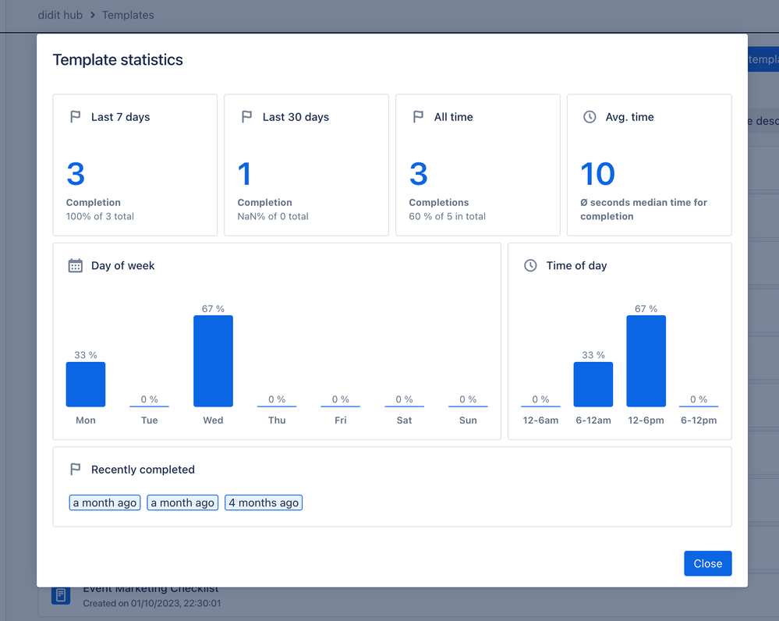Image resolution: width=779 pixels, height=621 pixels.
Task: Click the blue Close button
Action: tap(707, 563)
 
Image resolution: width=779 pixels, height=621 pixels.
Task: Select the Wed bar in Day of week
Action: tap(213, 361)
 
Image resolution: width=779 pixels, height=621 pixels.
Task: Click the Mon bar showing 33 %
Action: tap(86, 385)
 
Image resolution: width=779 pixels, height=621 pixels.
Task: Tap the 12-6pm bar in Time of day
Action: tap(646, 361)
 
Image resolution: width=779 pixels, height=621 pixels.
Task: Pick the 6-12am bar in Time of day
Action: tap(593, 385)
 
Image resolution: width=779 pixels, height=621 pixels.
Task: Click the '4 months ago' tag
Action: tap(264, 503)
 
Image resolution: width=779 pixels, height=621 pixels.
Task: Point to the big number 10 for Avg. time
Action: tap(598, 174)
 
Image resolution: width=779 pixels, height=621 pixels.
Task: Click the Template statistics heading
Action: tap(118, 60)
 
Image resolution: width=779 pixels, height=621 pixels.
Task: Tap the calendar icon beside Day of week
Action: tap(76, 266)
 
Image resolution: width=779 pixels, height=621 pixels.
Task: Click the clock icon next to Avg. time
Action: tap(590, 117)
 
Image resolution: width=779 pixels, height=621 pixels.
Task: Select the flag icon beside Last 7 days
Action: tap(76, 117)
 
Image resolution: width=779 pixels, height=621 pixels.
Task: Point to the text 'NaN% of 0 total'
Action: tap(273, 216)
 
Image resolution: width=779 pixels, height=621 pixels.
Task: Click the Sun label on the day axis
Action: tap(468, 421)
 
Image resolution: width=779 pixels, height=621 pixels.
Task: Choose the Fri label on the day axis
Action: tap(340, 421)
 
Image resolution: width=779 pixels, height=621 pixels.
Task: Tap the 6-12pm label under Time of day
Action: tap(699, 421)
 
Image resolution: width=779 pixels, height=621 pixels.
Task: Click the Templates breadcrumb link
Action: tap(128, 15)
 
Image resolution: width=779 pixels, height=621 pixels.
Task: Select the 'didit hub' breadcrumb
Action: tap(60, 15)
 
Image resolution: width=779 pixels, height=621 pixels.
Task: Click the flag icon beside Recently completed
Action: tap(76, 470)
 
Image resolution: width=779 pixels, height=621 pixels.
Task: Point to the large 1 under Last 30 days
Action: tap(245, 174)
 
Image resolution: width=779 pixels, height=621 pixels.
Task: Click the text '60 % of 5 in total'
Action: tap(448, 216)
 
